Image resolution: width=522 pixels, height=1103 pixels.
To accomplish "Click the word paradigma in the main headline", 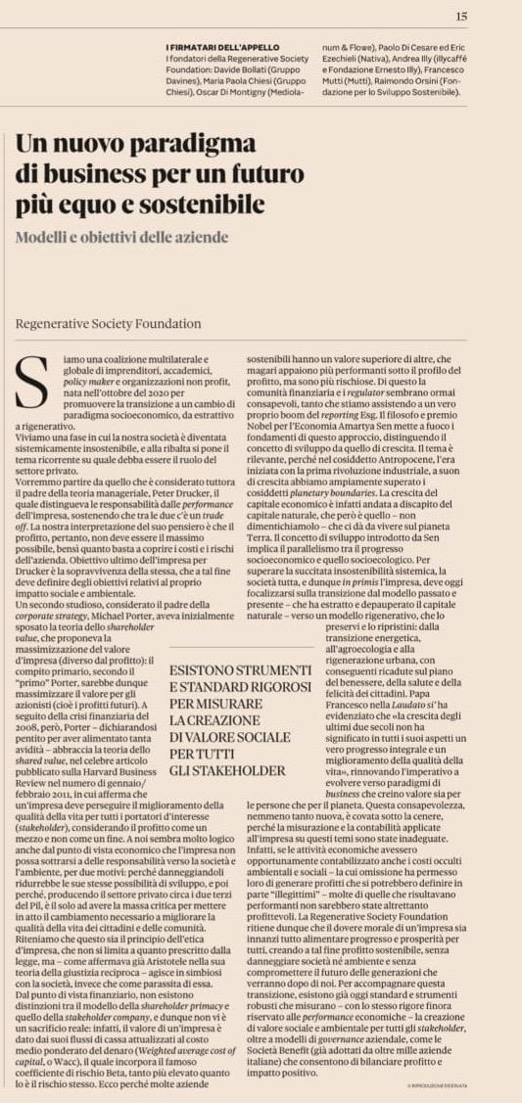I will click(x=230, y=145).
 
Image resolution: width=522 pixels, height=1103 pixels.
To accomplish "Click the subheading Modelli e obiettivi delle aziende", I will click(x=121, y=237).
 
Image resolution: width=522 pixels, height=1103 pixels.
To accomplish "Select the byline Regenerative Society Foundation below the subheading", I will click(x=109, y=323).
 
